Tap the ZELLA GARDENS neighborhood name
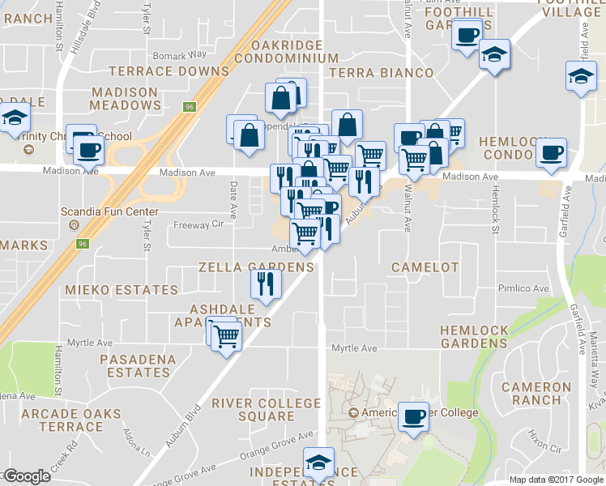256,267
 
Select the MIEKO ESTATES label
122,290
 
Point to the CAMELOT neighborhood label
425,267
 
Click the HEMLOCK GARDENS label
474,337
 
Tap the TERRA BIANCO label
382,73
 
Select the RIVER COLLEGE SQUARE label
266,410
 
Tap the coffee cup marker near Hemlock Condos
551,151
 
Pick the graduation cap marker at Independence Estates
318,463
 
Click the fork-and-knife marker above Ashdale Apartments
265,283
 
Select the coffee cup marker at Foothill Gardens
466,36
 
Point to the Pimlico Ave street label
524,288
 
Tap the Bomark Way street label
181,54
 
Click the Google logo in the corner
26,476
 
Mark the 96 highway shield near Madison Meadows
190,106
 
